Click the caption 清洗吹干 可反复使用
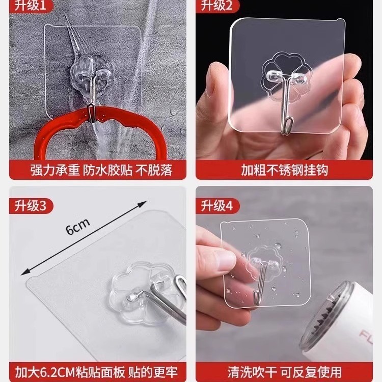[284, 371]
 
